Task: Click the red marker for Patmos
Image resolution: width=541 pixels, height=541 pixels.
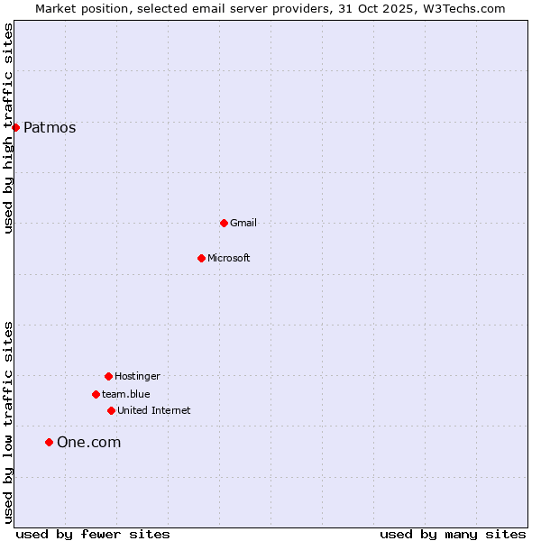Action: click(15, 127)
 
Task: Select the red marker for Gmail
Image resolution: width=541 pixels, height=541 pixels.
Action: click(224, 223)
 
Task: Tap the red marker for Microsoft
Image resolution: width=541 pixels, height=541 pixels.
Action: click(201, 258)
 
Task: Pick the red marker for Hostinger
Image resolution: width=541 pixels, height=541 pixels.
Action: click(108, 376)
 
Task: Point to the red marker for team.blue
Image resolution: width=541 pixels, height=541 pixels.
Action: click(96, 394)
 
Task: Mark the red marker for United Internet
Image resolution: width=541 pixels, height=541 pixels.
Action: click(111, 410)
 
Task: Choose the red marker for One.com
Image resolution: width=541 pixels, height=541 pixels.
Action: click(49, 442)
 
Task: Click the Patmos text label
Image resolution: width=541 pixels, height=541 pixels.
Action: click(50, 128)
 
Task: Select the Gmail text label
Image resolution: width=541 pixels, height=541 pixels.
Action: click(243, 224)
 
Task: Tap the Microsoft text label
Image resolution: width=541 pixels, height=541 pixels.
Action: click(229, 259)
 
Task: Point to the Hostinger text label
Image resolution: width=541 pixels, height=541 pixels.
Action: click(137, 377)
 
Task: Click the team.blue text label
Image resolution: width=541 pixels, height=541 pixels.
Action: click(126, 395)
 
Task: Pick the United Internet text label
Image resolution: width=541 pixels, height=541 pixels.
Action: click(154, 411)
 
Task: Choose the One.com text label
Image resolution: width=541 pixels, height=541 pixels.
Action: click(88, 443)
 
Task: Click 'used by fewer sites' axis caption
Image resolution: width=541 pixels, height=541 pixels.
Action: click(93, 535)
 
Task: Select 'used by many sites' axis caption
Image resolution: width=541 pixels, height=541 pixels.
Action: click(453, 535)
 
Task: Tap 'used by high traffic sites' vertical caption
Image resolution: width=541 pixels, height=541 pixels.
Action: click(9, 128)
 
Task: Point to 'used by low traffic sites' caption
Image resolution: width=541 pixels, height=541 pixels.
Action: click(9, 421)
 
